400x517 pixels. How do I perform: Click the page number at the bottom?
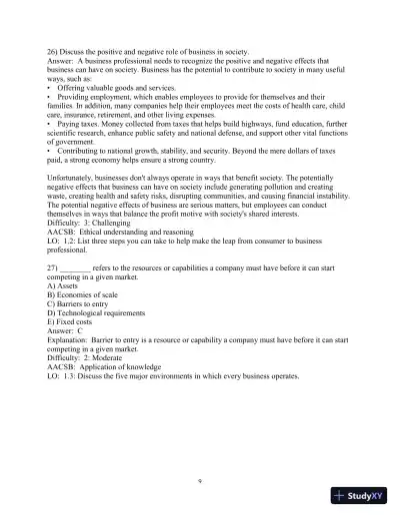[x=200, y=480]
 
